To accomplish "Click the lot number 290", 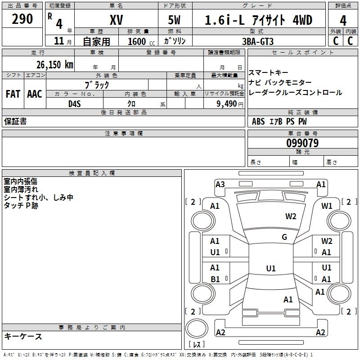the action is [22, 19].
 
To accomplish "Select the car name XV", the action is [116, 20].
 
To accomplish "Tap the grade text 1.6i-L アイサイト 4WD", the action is [258, 20].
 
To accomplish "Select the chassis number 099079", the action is [302, 144].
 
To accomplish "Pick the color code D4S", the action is [75, 103].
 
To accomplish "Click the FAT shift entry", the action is [13, 94].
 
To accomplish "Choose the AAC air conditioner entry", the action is [35, 94].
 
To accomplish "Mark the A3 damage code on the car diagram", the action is [220, 184].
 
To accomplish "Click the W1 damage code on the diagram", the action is [327, 206].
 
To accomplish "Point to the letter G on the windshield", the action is [284, 237].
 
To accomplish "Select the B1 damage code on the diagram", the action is [215, 279].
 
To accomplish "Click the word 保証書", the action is [15, 121].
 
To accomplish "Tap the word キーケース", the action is [23, 337].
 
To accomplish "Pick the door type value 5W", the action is [175, 20].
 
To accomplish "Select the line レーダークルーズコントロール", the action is [295, 93].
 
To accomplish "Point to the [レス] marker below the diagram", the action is [196, 345].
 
